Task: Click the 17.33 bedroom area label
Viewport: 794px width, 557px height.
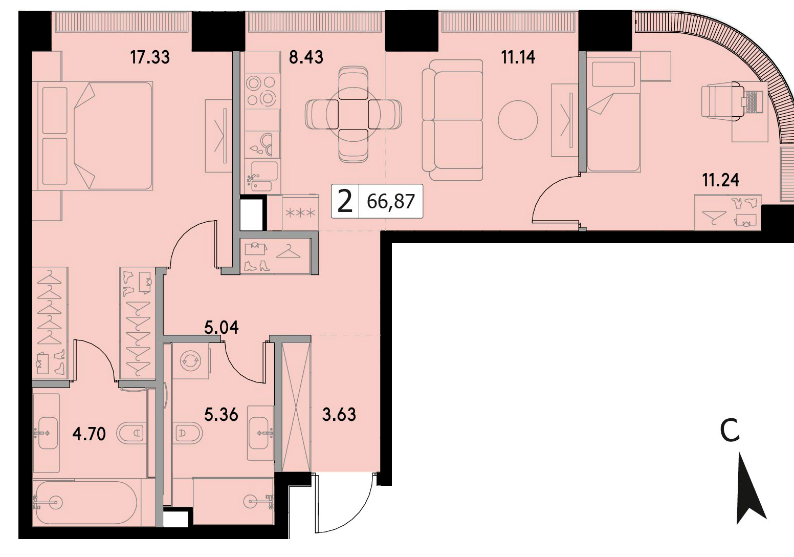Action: tap(150, 57)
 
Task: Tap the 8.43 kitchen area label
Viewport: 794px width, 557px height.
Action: tap(306, 57)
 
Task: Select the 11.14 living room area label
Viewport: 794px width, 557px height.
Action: tap(518, 57)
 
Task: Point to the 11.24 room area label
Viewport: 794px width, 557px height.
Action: tap(721, 180)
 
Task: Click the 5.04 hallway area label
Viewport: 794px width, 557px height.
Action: tap(222, 328)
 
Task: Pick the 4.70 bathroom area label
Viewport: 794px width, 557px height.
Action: tap(89, 434)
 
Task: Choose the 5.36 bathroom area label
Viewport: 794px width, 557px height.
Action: tap(221, 414)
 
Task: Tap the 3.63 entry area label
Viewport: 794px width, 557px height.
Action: tap(339, 414)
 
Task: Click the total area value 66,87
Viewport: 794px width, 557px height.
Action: tap(391, 202)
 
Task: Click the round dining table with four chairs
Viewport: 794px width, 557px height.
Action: tap(353, 114)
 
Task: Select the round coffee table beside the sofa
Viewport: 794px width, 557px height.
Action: tap(518, 120)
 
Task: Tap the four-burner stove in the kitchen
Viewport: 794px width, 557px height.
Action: tap(262, 91)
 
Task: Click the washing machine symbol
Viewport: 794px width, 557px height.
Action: tap(190, 361)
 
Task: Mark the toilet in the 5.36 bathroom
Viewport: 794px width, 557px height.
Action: tap(188, 433)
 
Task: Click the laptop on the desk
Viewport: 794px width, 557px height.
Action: tap(752, 102)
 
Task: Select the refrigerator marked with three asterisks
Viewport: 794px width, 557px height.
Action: tap(301, 213)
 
